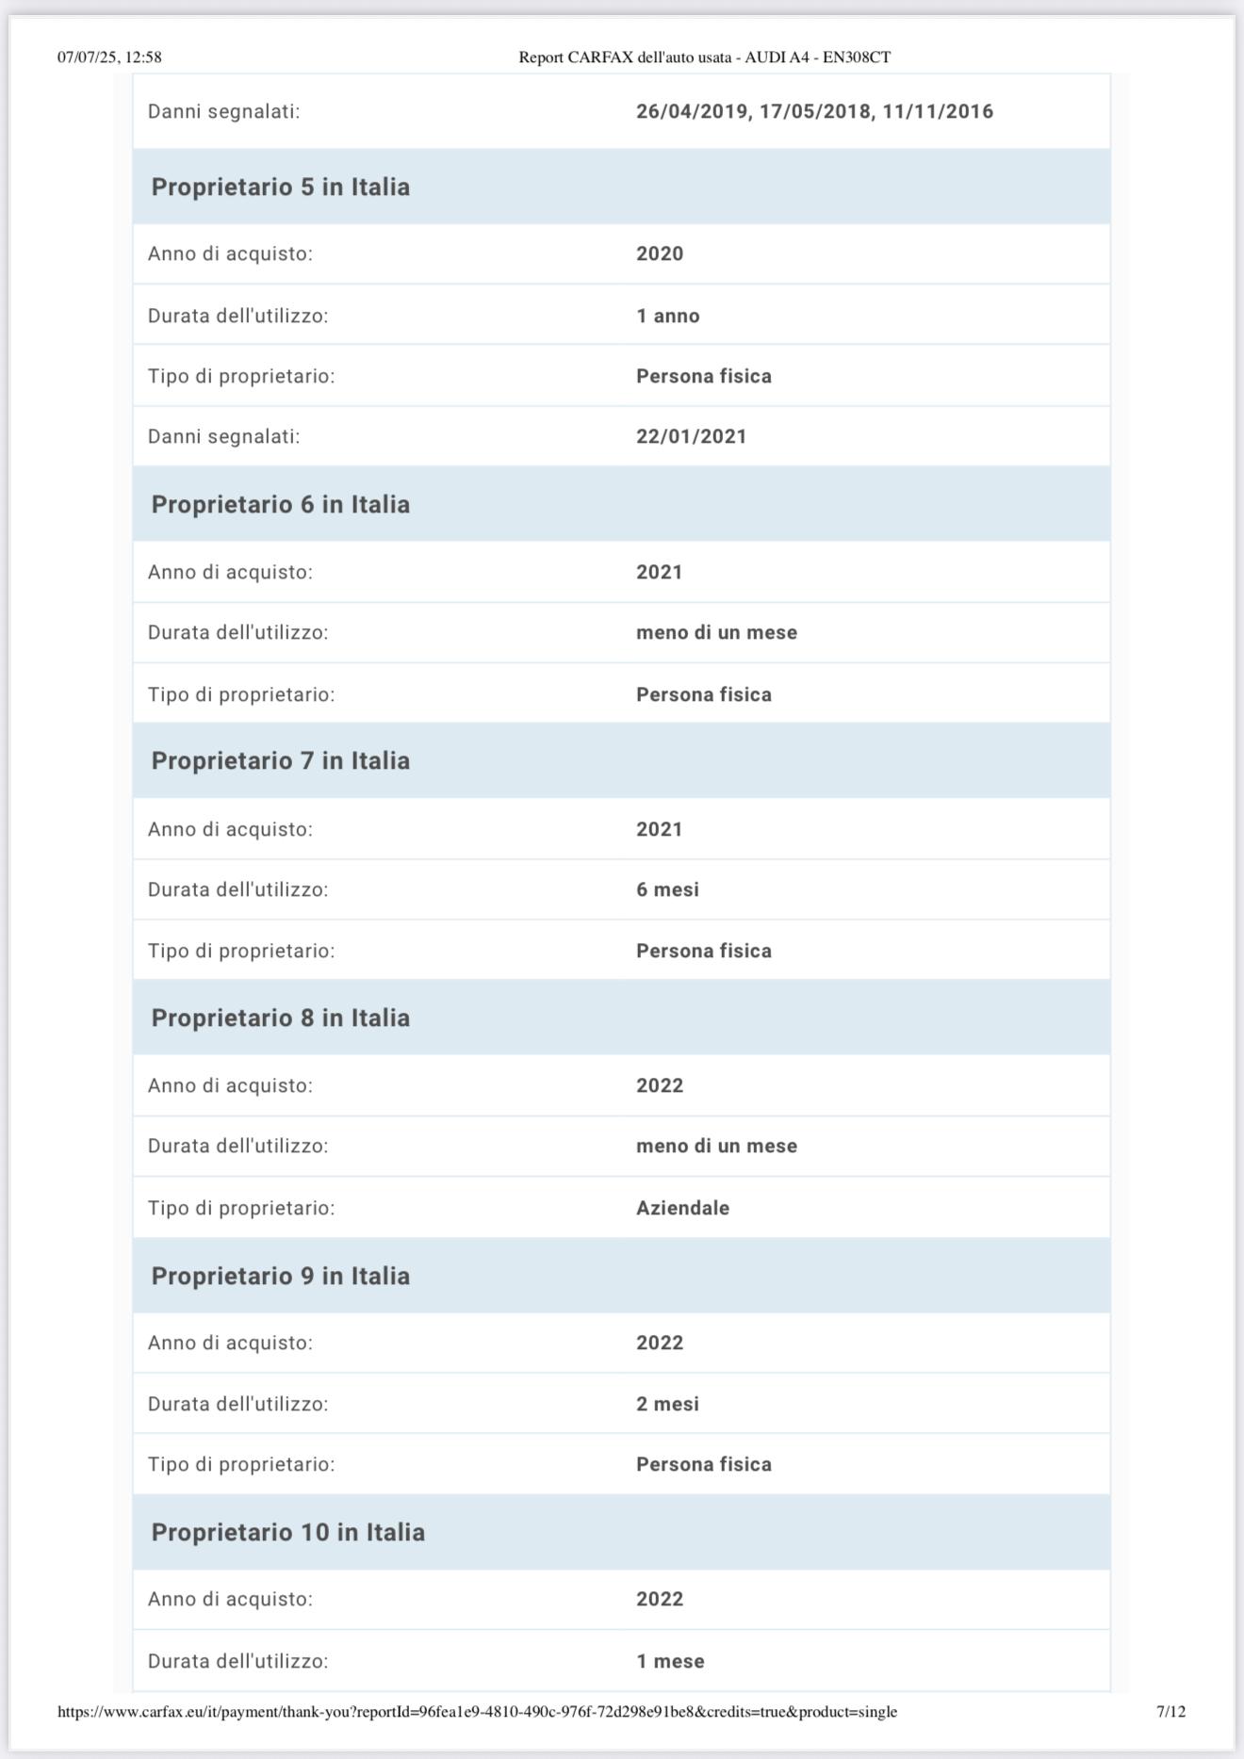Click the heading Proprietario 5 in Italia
pos(280,187)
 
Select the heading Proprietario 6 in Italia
pos(280,504)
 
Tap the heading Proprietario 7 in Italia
pos(280,760)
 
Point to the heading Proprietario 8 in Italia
pos(280,1018)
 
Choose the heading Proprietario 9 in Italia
pos(280,1276)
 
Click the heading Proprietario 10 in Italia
pos(287,1532)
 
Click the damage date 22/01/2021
pos(691,436)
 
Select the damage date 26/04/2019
pos(692,111)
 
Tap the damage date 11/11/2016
pos(938,111)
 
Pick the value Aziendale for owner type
pos(682,1208)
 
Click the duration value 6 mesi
pos(667,889)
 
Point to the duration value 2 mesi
pos(667,1404)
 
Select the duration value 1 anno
pos(667,316)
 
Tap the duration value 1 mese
pos(670,1661)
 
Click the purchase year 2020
pos(660,253)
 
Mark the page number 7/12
pos(1170,1711)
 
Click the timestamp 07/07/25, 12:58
pos(109,57)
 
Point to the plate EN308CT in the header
pos(856,57)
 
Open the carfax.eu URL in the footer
pos(477,1711)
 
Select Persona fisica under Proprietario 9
pos(703,1464)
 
